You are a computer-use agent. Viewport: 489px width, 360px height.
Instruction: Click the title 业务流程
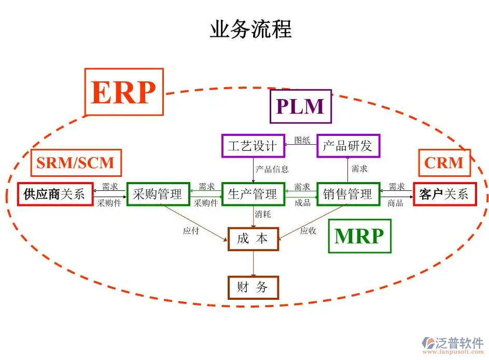250,29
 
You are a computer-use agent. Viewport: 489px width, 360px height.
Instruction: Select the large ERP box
123,92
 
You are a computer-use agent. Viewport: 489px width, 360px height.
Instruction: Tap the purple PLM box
300,106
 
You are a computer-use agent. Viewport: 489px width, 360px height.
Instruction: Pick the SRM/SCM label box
76,163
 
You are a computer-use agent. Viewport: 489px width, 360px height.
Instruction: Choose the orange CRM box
444,163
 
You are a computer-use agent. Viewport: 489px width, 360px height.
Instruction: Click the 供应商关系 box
55,195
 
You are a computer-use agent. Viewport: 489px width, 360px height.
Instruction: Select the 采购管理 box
158,195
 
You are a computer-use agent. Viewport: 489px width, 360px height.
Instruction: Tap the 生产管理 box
253,195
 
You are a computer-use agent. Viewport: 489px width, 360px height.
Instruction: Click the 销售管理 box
348,195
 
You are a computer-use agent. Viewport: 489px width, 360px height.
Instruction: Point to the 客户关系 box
444,195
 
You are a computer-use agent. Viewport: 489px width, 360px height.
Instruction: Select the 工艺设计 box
253,146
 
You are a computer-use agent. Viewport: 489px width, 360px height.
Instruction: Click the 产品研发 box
348,146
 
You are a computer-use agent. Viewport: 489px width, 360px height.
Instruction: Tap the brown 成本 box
253,239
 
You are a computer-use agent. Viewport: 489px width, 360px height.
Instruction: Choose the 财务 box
253,287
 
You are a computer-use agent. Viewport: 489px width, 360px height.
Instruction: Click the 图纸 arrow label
302,140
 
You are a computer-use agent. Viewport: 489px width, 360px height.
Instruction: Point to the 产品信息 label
272,169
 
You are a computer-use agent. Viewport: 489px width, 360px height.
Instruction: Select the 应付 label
191,231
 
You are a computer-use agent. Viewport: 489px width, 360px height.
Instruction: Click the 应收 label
308,231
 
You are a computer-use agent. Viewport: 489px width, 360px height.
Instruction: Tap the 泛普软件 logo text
459,342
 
